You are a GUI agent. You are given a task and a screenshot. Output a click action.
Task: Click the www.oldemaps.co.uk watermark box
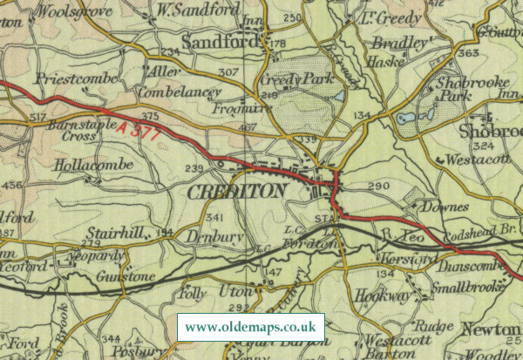click(251, 328)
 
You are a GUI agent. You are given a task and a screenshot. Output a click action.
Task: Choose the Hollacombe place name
click(93, 164)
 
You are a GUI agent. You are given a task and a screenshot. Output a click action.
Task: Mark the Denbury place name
click(212, 235)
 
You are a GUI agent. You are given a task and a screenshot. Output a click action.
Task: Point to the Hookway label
click(384, 296)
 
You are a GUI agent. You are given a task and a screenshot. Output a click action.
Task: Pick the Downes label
click(445, 207)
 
